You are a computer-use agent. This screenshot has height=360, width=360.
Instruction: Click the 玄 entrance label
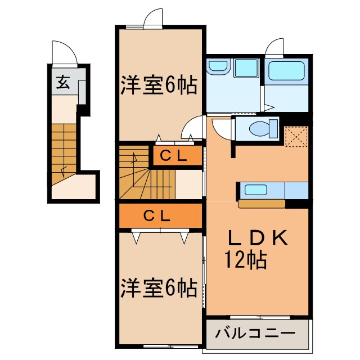63,84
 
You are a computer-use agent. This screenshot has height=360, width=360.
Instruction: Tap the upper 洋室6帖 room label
158,85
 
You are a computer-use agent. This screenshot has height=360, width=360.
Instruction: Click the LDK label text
258,238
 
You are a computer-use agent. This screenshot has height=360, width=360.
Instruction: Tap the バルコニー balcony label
255,333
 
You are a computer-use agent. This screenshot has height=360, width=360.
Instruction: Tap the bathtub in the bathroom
286,71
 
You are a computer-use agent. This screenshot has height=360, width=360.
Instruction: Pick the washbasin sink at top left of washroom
217,67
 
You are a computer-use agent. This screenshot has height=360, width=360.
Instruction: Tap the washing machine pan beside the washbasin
246,70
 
